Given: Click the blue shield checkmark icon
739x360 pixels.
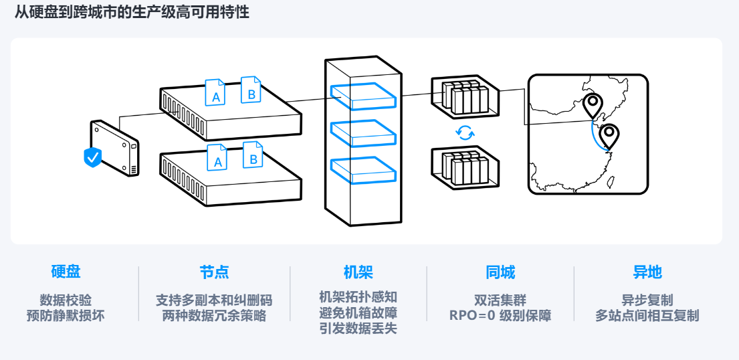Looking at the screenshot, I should point(92,157).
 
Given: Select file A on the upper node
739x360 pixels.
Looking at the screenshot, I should point(215,94).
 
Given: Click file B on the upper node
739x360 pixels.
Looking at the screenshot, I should point(251,91).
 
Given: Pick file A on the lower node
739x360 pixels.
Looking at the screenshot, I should point(217,158).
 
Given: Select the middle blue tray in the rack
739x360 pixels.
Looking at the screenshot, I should point(362,132).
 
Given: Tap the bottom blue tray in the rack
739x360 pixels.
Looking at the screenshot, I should point(362,169).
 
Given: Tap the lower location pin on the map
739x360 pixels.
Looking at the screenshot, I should point(609,136).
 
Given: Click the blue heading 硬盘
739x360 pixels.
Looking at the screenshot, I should point(66,272).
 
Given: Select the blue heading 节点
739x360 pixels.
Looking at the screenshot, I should point(214,272).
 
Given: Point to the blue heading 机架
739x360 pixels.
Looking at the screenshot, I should point(358,272).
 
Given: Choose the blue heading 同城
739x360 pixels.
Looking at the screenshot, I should point(500,272).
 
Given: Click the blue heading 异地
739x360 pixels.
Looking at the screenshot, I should point(647,272).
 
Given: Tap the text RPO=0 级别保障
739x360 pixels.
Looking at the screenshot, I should point(500,316).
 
